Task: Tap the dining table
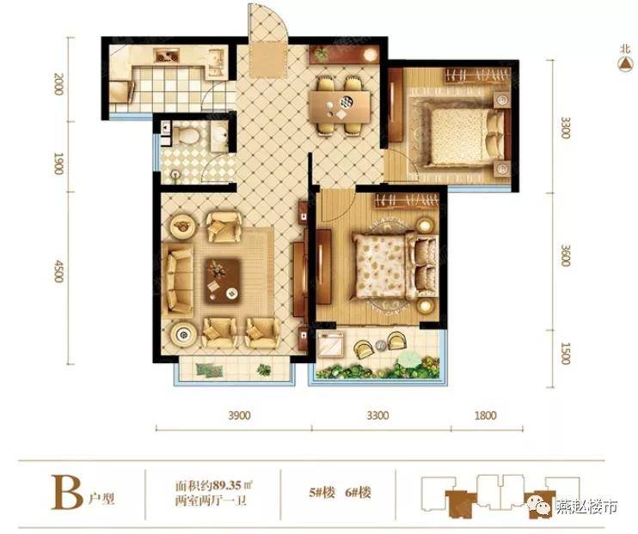(340, 106)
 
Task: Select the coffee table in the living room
(222, 280)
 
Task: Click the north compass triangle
(625, 64)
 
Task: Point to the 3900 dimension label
(239, 416)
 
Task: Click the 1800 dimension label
(486, 416)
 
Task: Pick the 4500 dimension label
(58, 271)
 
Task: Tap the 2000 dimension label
(58, 84)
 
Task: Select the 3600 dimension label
(565, 255)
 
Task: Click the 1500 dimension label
(565, 354)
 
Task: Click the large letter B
(67, 492)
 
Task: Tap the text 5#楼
(322, 493)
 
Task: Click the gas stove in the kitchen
(167, 56)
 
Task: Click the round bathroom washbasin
(220, 134)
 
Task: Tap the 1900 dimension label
(58, 163)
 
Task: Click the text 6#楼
(358, 493)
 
